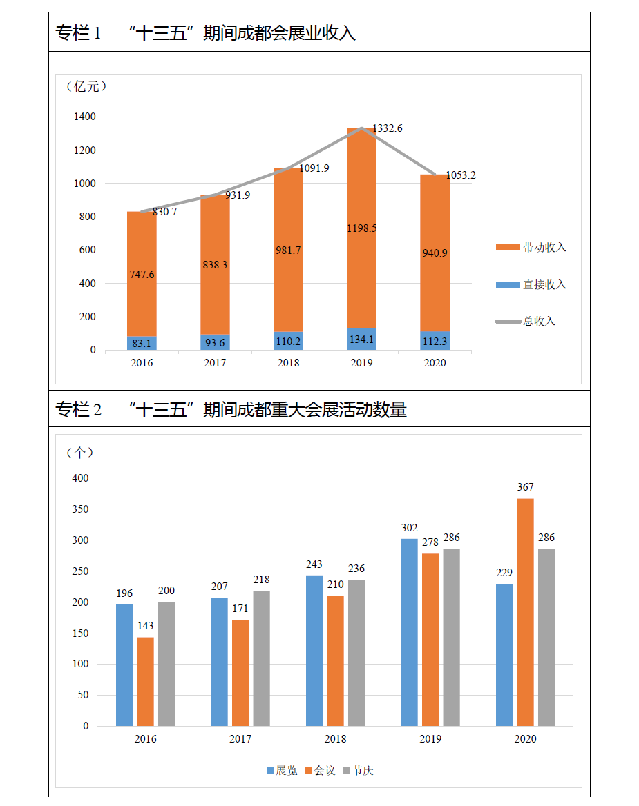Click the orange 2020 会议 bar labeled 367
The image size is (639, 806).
coord(525,611)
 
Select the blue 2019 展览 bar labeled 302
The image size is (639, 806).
coord(409,631)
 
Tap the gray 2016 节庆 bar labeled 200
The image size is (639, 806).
coord(166,663)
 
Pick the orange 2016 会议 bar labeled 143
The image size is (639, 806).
coord(146,681)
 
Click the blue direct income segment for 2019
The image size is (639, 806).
coord(361,339)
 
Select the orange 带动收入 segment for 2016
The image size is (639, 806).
coord(142,273)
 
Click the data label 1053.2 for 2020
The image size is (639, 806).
coord(461,175)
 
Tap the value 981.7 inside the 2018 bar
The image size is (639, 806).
coord(288,250)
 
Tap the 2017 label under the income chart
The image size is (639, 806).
coord(215,363)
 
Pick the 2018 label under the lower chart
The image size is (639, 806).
coord(335,739)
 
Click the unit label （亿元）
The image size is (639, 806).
coord(87,86)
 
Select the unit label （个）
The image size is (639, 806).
coord(79,452)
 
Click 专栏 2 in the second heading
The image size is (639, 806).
coord(79,410)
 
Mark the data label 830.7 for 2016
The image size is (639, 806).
coord(164,212)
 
